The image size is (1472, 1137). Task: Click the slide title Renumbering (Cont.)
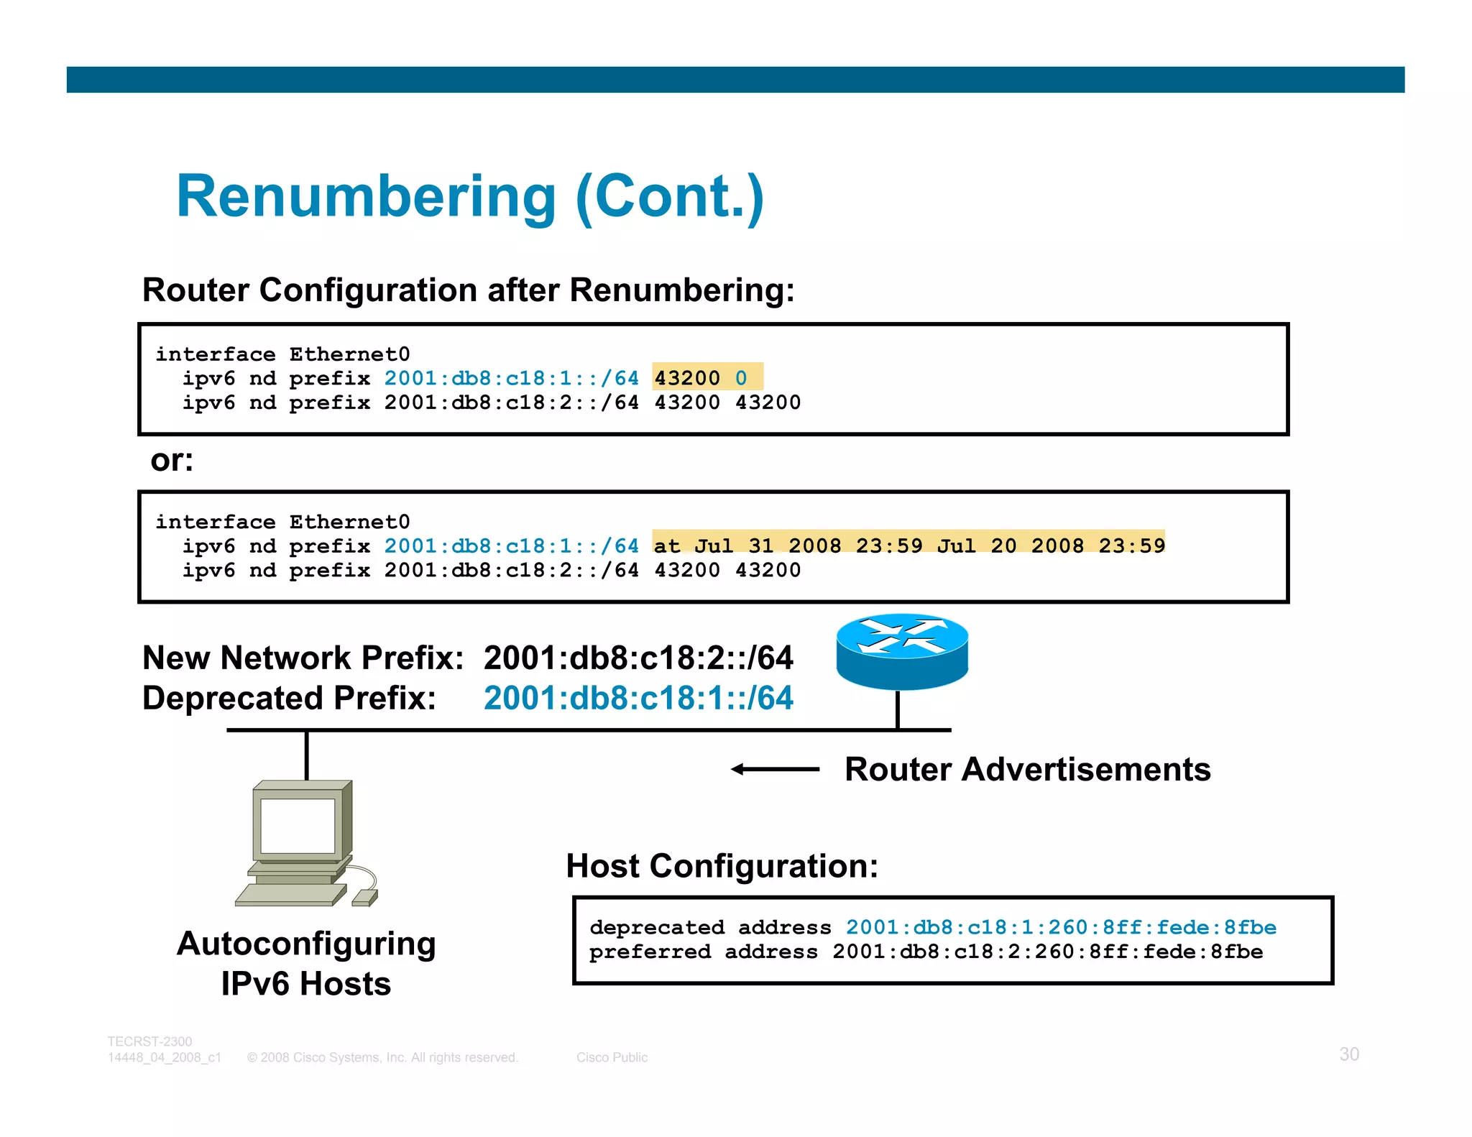(x=470, y=198)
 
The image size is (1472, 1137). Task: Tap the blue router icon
(x=902, y=650)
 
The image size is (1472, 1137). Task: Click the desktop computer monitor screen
(x=298, y=825)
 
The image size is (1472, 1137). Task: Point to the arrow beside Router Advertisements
(x=775, y=769)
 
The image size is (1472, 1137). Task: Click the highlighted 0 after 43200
(x=741, y=378)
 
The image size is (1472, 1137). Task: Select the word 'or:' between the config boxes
(x=172, y=461)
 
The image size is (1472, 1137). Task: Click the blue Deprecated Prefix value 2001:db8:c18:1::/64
(x=638, y=698)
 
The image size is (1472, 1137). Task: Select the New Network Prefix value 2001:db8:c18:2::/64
(x=638, y=658)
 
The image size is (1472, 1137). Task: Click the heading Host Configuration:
(x=722, y=866)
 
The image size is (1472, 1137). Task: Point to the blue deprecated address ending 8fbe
(x=1060, y=927)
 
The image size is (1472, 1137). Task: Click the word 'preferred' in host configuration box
(x=650, y=952)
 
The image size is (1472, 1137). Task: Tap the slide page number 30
(x=1348, y=1054)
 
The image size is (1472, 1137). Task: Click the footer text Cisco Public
(x=612, y=1057)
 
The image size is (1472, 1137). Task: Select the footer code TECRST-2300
(x=149, y=1041)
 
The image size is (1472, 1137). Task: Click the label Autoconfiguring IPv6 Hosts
(x=306, y=963)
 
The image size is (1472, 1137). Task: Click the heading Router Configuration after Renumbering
(x=468, y=290)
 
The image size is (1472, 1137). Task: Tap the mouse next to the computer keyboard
(x=365, y=898)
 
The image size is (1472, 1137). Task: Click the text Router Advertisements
(x=1027, y=769)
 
